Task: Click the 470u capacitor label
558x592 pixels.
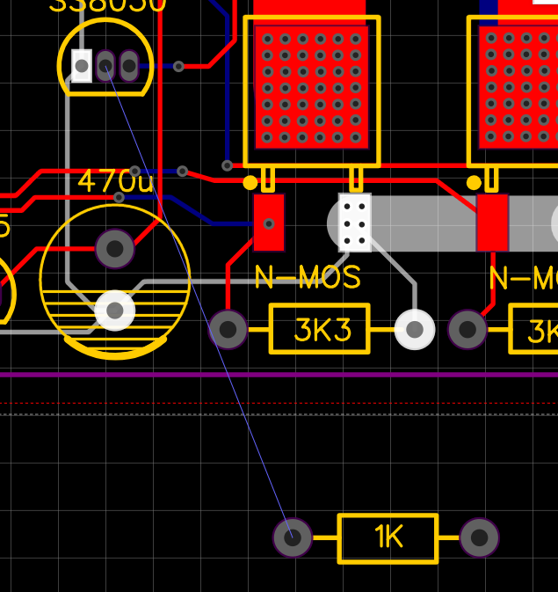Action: coord(116,181)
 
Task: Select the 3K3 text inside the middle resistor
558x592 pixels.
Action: coord(322,330)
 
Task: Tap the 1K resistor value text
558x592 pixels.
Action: coord(388,537)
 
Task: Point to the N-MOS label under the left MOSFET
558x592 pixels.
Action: coord(308,278)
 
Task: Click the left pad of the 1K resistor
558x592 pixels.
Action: coord(293,537)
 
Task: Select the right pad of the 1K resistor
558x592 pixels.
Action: coord(479,537)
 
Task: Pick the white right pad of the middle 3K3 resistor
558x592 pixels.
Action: coord(415,330)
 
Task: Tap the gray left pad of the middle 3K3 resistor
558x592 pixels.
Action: coord(228,330)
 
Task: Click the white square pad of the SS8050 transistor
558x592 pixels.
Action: coord(82,65)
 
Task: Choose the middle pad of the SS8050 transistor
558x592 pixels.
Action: coord(105,65)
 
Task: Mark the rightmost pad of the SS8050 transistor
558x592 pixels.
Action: coord(129,65)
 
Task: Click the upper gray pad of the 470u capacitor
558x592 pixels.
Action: coord(115,249)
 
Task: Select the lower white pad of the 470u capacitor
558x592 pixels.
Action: coord(115,310)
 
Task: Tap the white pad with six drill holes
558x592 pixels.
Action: coord(355,222)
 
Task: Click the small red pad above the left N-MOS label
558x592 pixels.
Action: coord(269,222)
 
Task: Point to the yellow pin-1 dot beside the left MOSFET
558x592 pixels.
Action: coord(250,182)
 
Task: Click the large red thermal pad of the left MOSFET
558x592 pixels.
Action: coord(311,85)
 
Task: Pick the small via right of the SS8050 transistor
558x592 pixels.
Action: coord(179,66)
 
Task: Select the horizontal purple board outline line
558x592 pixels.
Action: coord(351,375)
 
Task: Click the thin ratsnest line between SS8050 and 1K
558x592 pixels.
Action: coord(202,308)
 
